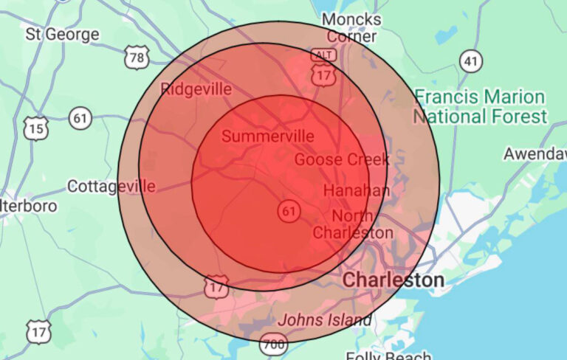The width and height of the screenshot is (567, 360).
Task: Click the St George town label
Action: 62,34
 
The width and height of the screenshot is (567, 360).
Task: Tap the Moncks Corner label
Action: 352,28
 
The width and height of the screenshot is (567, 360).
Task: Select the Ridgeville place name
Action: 196,90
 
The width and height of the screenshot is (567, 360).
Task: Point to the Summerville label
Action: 267,136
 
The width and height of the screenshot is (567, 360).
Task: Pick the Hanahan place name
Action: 357,190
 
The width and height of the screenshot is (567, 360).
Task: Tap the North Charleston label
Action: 354,224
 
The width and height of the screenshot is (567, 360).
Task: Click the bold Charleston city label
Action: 394,280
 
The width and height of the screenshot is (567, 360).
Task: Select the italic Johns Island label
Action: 324,320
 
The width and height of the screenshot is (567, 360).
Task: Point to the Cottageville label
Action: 111,186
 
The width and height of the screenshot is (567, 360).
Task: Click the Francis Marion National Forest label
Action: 480,107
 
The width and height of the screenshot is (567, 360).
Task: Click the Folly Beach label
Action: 398,356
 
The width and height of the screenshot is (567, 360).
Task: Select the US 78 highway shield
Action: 136,58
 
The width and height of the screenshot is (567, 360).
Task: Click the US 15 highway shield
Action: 35,129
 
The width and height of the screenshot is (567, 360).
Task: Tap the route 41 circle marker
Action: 470,60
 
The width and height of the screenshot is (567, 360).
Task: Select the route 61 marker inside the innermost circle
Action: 289,212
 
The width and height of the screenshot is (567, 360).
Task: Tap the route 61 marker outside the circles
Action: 80,117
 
